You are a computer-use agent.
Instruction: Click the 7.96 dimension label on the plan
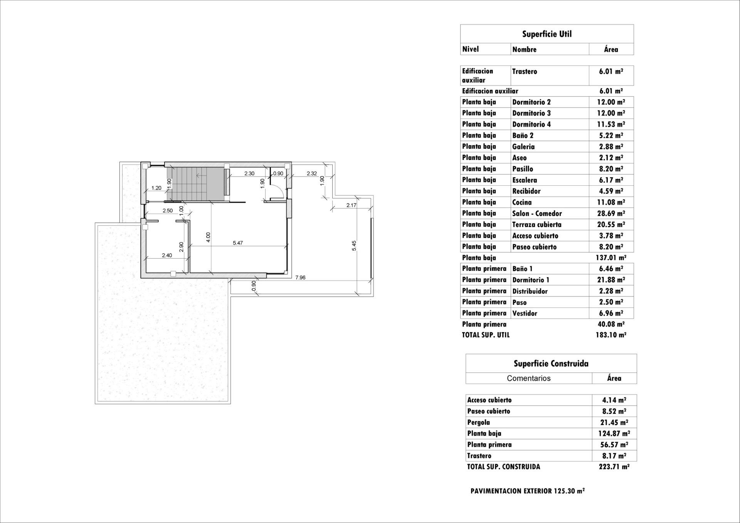click(300, 277)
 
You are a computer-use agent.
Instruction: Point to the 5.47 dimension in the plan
click(238, 243)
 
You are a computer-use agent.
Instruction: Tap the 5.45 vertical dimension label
click(354, 246)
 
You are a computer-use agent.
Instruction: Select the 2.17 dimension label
click(351, 205)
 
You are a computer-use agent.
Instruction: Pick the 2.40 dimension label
click(166, 255)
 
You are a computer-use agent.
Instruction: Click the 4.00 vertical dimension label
click(208, 237)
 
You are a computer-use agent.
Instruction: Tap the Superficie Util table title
click(547, 34)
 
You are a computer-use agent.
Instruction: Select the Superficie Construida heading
click(551, 363)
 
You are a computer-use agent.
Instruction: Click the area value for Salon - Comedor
click(611, 213)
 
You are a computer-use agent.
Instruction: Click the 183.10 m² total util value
click(610, 335)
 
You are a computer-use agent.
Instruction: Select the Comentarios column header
click(528, 378)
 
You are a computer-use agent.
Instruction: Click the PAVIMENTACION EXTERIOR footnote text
click(527, 491)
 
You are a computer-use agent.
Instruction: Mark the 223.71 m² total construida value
click(614, 467)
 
